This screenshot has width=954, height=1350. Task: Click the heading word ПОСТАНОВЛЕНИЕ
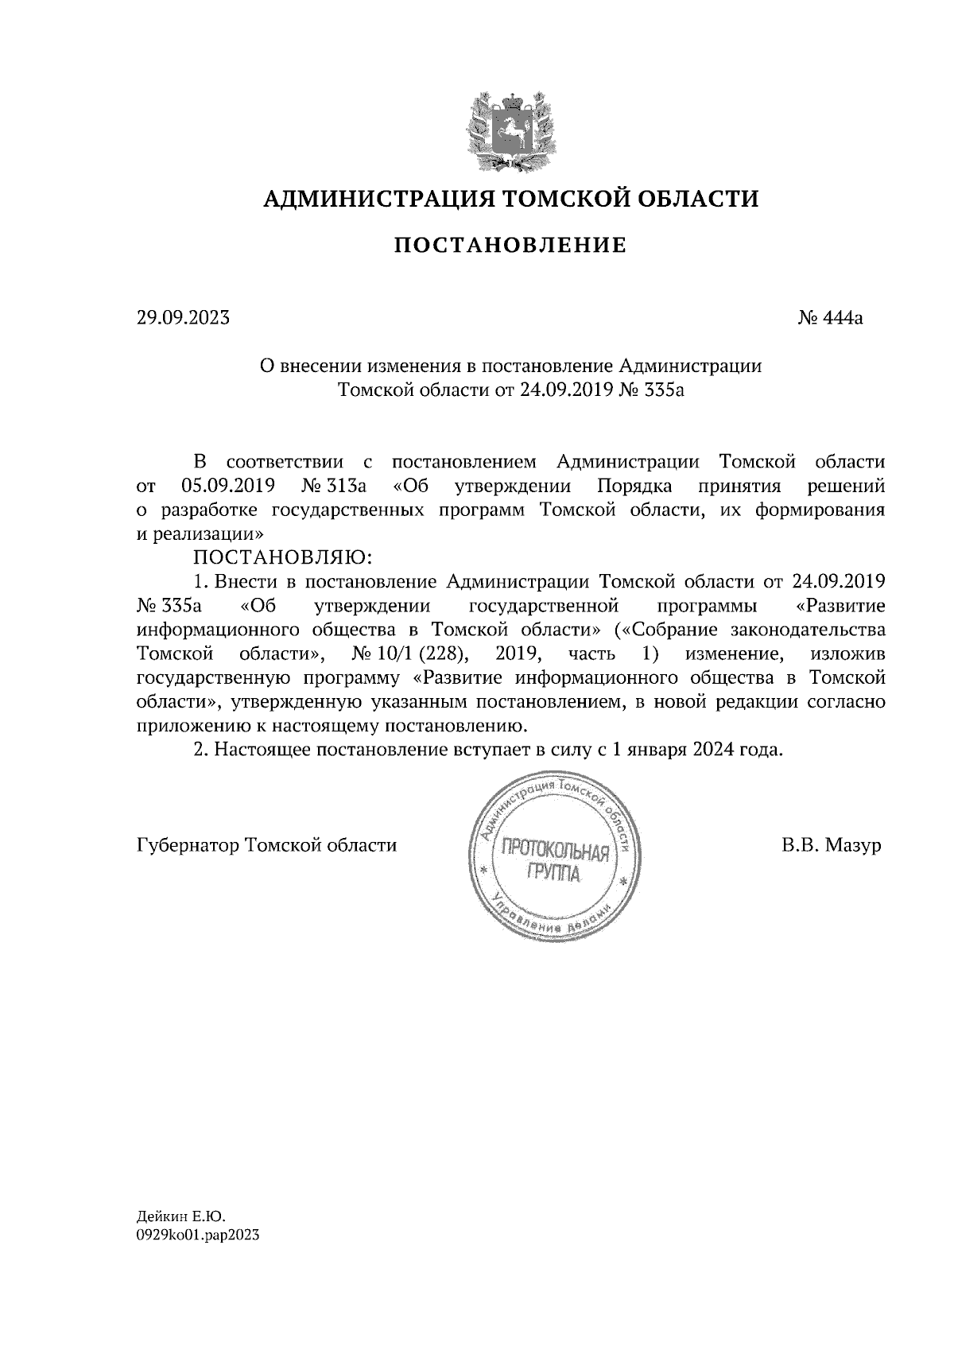point(510,246)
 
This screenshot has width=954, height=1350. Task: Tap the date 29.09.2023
point(182,318)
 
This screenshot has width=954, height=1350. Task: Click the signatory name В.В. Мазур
point(832,845)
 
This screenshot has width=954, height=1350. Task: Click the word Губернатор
point(188,845)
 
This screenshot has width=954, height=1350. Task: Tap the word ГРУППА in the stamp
point(553,875)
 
